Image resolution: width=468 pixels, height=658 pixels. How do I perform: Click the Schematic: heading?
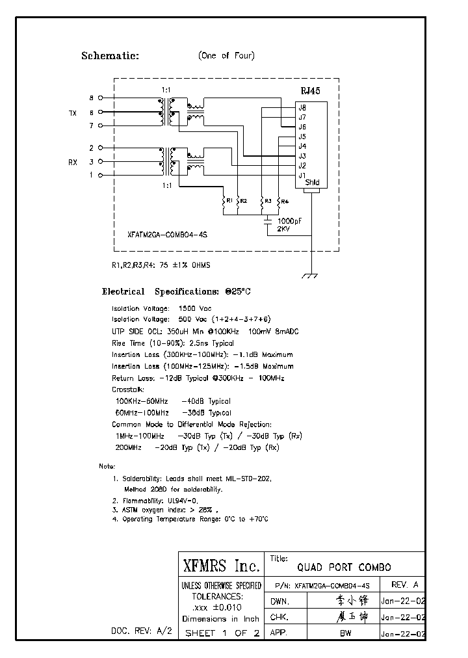pyautogui.click(x=110, y=56)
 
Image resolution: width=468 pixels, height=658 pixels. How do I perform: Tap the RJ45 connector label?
pyautogui.click(x=309, y=92)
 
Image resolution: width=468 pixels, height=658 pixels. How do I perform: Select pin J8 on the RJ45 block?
pyautogui.click(x=302, y=107)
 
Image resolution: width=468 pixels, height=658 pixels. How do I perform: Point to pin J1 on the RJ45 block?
pyautogui.click(x=302, y=175)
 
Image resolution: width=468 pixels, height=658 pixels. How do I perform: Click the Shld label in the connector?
pyautogui.click(x=312, y=183)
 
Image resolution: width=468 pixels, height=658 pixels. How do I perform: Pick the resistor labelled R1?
pyautogui.click(x=223, y=202)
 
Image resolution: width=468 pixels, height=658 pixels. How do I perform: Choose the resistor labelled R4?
pyautogui.click(x=278, y=202)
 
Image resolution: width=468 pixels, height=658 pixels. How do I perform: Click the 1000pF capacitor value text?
pyautogui.click(x=290, y=222)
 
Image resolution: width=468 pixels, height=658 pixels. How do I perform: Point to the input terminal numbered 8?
pyautogui.click(x=92, y=98)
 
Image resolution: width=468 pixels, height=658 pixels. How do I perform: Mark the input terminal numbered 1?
pyautogui.click(x=92, y=175)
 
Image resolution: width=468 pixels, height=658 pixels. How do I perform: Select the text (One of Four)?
pyautogui.click(x=226, y=56)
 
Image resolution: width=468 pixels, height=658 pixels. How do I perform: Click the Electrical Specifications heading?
pyautogui.click(x=175, y=292)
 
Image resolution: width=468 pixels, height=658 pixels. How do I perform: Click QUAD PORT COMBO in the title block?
pyautogui.click(x=344, y=567)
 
